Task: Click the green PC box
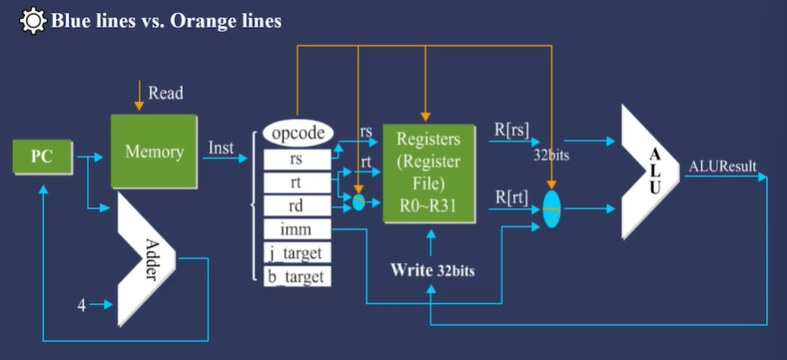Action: (42, 157)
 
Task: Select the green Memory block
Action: (154, 151)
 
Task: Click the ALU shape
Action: (648, 174)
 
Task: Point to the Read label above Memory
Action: (166, 93)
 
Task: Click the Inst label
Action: (222, 148)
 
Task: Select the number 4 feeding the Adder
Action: (82, 304)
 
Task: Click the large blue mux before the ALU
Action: (552, 208)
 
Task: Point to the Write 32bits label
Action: (432, 269)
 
